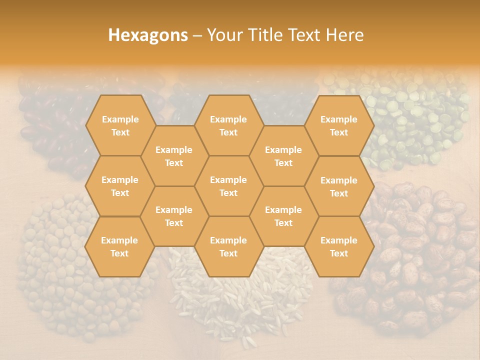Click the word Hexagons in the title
pyautogui.click(x=148, y=35)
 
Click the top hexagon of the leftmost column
pyautogui.click(x=120, y=125)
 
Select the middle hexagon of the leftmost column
pyautogui.click(x=120, y=186)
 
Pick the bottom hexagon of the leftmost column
pyautogui.click(x=119, y=246)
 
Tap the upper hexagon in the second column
pyautogui.click(x=174, y=156)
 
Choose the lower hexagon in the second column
pyautogui.click(x=174, y=216)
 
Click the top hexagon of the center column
pyautogui.click(x=228, y=125)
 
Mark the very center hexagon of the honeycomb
pyautogui.click(x=228, y=186)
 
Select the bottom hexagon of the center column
pyautogui.click(x=228, y=246)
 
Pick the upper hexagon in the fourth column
pyautogui.click(x=283, y=156)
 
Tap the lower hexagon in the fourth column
pyautogui.click(x=283, y=216)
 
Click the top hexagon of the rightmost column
pyautogui.click(x=339, y=125)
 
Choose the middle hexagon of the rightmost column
pyautogui.click(x=339, y=186)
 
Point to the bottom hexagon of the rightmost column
pyautogui.click(x=339, y=246)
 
